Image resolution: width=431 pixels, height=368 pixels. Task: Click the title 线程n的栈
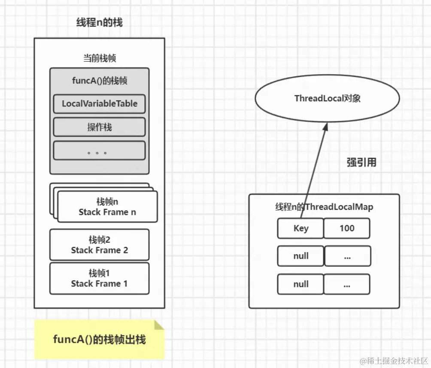click(100, 22)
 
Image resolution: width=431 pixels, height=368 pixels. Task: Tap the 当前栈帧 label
click(100, 58)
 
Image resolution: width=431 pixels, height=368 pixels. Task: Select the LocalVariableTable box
click(100, 104)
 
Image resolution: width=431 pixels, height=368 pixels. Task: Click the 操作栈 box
click(100, 127)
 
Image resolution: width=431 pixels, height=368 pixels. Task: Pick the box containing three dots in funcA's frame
click(100, 151)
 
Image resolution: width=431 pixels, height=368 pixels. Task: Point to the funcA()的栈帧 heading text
click(100, 81)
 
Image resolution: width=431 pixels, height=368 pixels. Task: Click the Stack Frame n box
click(107, 207)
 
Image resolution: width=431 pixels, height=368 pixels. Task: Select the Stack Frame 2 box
click(100, 245)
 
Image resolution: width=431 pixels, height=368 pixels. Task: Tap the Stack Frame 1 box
click(100, 278)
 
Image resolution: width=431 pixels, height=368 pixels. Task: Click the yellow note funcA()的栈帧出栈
click(99, 340)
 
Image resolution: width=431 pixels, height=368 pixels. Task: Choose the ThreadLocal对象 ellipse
click(327, 99)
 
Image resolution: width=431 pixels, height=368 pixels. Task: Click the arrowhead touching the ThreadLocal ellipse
click(325, 127)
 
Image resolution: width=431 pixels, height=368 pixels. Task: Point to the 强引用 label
click(361, 163)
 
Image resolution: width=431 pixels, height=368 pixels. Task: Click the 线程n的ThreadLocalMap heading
click(324, 207)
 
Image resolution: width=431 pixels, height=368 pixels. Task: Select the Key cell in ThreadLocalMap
click(300, 228)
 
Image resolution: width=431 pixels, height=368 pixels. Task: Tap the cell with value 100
click(347, 228)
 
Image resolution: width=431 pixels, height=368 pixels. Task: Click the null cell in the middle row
click(300, 256)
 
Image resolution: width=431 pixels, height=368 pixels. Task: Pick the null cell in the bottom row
click(300, 284)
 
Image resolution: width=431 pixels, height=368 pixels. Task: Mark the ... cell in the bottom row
click(347, 284)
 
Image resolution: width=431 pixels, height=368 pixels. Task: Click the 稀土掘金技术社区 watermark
click(394, 360)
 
